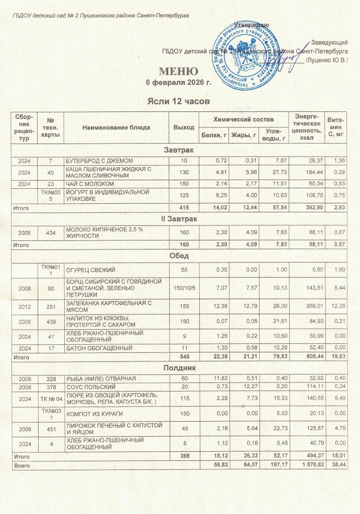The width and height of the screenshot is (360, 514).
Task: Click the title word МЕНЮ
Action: coord(176,70)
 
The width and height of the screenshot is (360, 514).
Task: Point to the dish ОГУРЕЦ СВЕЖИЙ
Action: coord(89,270)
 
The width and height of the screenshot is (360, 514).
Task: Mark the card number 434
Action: coord(50,233)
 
